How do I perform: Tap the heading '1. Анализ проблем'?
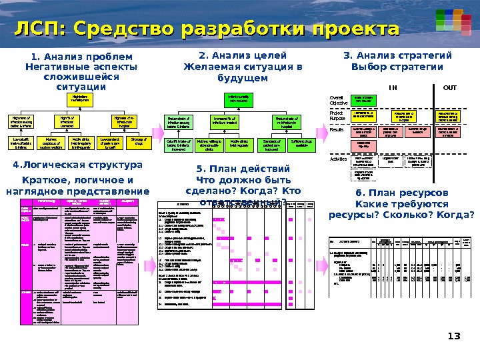79,57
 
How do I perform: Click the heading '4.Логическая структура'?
77,165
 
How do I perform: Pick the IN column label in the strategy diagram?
393,87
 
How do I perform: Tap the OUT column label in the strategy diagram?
451,87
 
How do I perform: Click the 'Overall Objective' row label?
339,100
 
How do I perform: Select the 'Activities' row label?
340,159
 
